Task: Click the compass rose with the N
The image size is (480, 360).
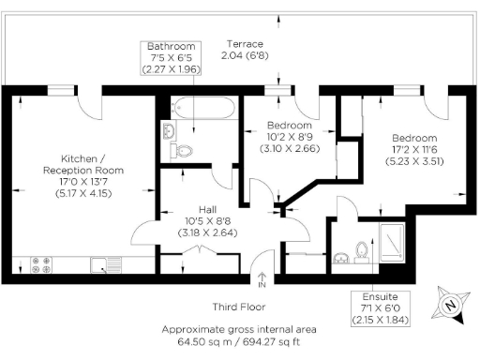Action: click(450, 304)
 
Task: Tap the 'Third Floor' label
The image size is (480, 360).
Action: click(238, 307)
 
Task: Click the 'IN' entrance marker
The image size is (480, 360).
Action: click(262, 284)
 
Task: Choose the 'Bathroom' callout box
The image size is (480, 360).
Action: click(170, 57)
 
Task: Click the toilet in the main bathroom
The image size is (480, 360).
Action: click(184, 150)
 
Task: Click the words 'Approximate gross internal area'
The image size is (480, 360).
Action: click(238, 329)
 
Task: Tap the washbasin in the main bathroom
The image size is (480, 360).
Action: click(169, 130)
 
